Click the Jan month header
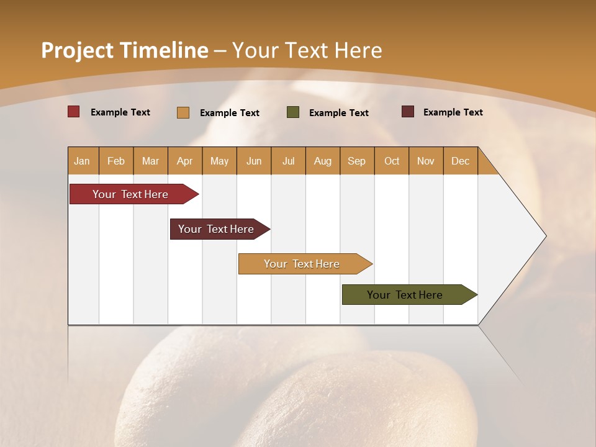82,161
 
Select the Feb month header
116,161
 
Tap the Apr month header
184,161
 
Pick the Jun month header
254,161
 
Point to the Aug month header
323,161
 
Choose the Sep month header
356,161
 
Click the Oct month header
392,161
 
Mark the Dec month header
460,161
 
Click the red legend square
74,112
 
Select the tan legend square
183,112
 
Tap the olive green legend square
293,112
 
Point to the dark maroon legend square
408,112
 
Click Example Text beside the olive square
338,112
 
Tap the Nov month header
426,161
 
